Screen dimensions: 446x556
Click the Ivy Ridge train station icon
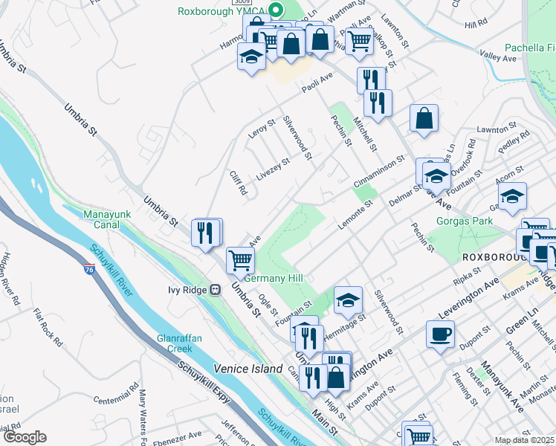pos(215,289)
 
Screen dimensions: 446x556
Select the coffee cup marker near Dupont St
pos(440,334)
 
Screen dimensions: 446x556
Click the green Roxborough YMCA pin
pos(277,10)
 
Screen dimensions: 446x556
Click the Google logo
pos(25,437)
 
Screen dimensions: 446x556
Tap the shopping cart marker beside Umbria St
pos(241,260)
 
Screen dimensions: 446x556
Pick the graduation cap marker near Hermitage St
pos(348,300)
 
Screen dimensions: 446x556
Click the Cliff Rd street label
pos(238,184)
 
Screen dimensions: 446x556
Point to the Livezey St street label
pos(273,169)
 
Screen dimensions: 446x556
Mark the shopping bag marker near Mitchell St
pos(424,118)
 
